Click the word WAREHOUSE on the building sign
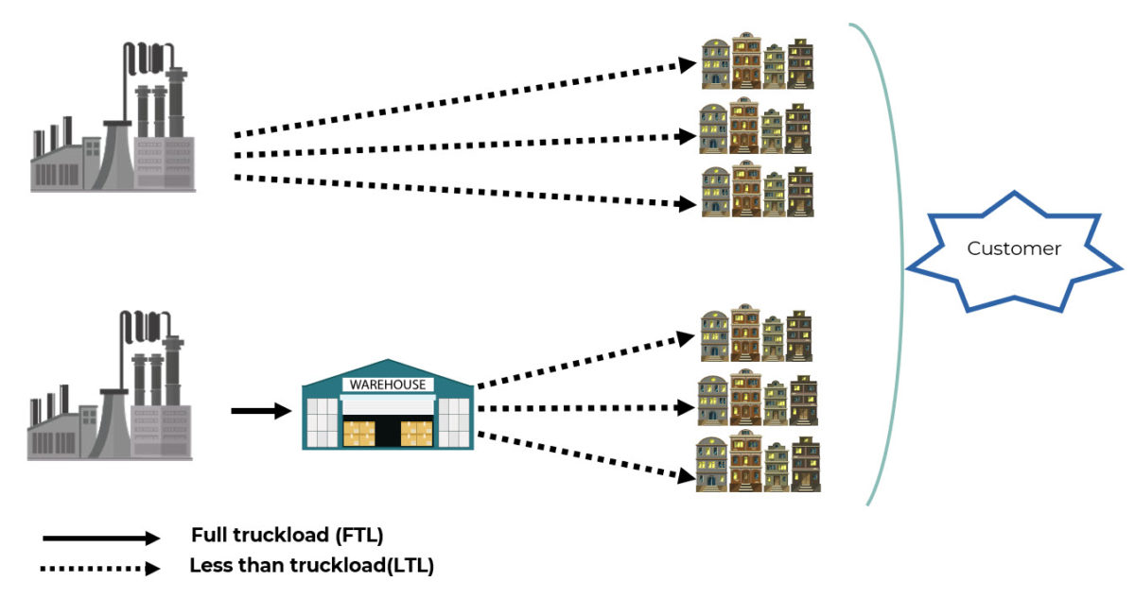(x=388, y=385)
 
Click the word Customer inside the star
(x=1013, y=248)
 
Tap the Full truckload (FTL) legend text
(x=287, y=536)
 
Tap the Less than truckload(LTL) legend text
(x=311, y=566)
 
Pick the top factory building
(x=113, y=118)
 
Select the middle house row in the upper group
(x=756, y=127)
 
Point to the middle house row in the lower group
(x=757, y=399)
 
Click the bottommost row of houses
(x=757, y=464)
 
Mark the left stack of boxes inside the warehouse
(x=358, y=433)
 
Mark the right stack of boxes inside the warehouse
(x=416, y=433)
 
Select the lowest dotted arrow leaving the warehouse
(x=582, y=456)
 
